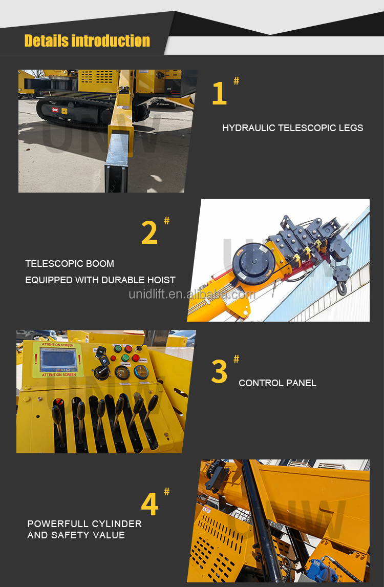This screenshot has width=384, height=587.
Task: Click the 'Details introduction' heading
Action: [x=87, y=41]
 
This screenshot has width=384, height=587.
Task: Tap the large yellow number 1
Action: [x=219, y=94]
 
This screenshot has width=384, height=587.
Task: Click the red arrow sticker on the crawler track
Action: [x=55, y=110]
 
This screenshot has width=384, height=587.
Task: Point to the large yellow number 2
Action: [x=150, y=233]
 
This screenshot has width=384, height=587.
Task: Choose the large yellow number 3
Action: [x=219, y=372]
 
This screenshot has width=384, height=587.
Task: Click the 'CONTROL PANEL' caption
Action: [x=278, y=383]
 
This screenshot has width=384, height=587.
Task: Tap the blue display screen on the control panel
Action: [x=58, y=360]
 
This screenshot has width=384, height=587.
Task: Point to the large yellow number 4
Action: [x=150, y=504]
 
